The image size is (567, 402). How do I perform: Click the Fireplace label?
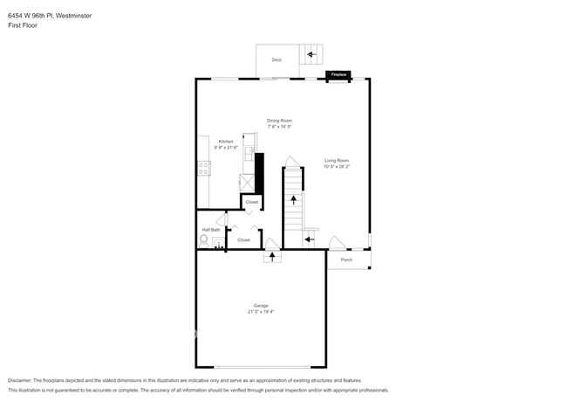click(x=338, y=75)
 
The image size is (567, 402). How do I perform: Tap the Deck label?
click(x=277, y=59)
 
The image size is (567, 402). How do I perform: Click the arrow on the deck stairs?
click(x=311, y=54)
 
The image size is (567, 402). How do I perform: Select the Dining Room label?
click(x=279, y=120)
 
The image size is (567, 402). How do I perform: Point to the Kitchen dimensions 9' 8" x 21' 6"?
click(x=226, y=147)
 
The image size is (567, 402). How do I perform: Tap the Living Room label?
click(x=337, y=160)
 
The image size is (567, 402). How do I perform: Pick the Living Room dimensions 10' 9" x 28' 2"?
click(x=337, y=166)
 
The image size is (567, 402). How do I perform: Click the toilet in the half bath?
click(x=205, y=239)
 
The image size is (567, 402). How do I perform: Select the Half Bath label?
click(x=211, y=229)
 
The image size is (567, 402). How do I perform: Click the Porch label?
click(x=346, y=260)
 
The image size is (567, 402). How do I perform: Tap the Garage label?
click(x=261, y=305)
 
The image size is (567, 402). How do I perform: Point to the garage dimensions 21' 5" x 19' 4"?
click(x=261, y=311)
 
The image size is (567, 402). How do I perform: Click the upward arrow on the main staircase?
click(x=293, y=200)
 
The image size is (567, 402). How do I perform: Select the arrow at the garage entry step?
click(x=272, y=257)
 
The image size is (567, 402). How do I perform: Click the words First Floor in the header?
click(x=23, y=25)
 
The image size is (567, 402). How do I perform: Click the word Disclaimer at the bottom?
click(x=19, y=380)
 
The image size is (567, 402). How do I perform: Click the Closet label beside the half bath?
click(x=243, y=239)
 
